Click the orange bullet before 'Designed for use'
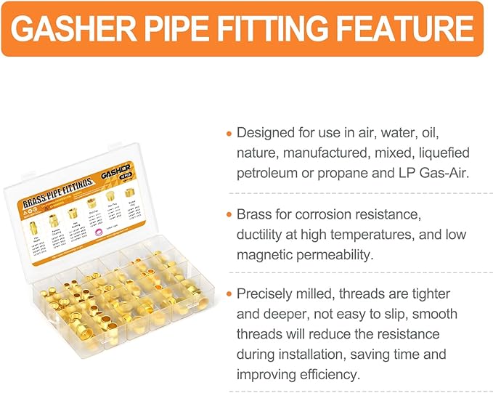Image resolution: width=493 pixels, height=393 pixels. [229, 134]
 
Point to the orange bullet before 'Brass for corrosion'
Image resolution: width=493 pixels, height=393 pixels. [229, 216]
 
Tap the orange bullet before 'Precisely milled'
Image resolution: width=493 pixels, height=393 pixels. [229, 295]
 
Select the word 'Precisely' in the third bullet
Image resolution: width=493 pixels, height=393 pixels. [266, 294]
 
